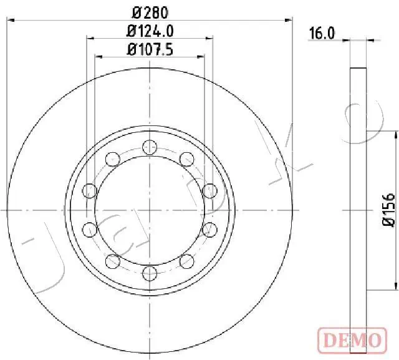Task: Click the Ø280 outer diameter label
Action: pos(149,12)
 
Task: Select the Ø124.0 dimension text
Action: pos(150,31)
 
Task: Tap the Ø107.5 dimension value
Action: pos(150,49)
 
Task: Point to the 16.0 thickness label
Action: pos(322,34)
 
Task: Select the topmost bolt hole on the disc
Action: pos(148,147)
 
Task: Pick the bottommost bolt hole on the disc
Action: pos(148,272)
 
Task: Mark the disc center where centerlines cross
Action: pos(148,210)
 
